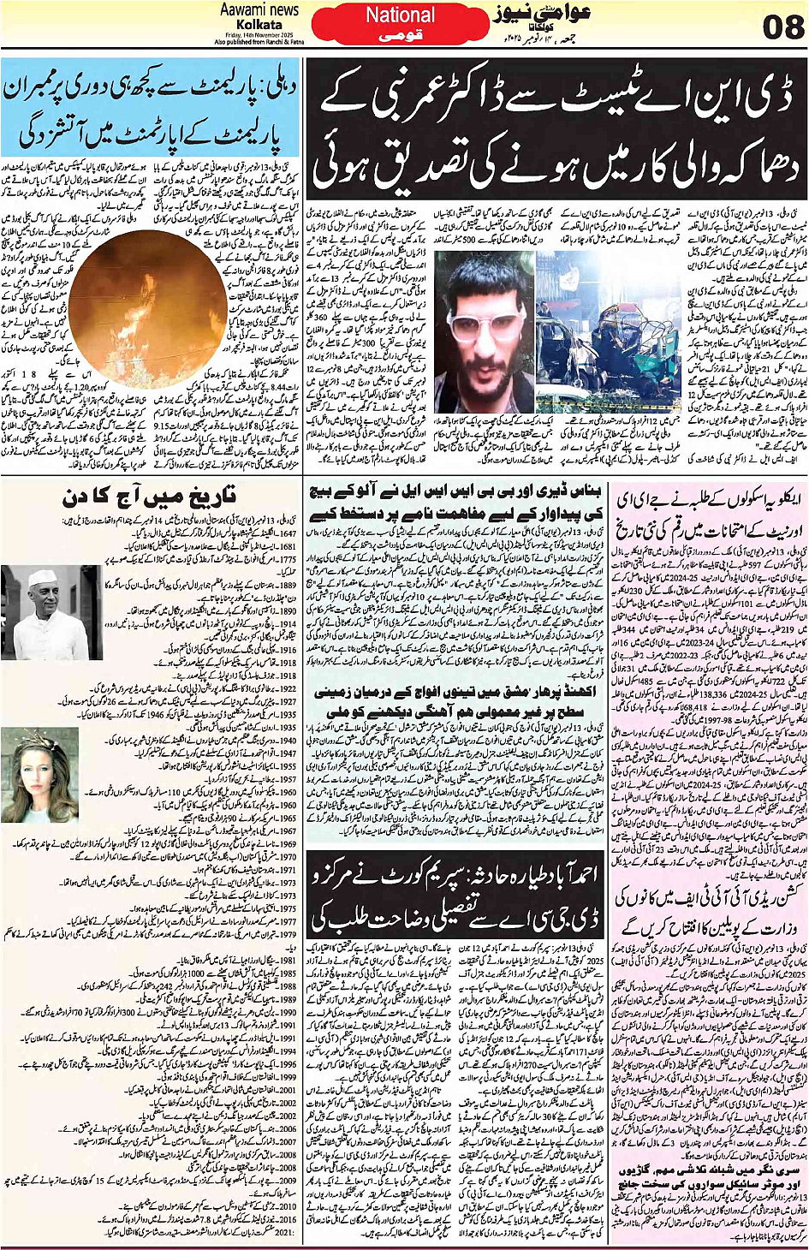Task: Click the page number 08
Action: click(x=782, y=27)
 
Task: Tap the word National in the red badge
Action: click(x=400, y=15)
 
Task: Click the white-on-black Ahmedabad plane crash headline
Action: click(x=455, y=895)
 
